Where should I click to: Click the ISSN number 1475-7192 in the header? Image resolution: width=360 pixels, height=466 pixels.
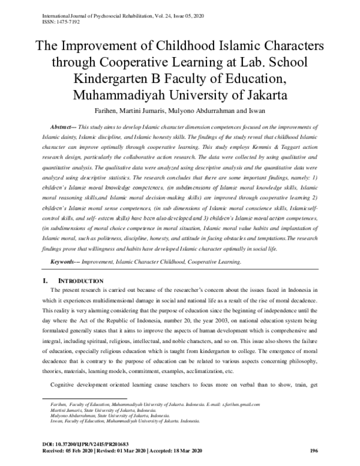(55, 18)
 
